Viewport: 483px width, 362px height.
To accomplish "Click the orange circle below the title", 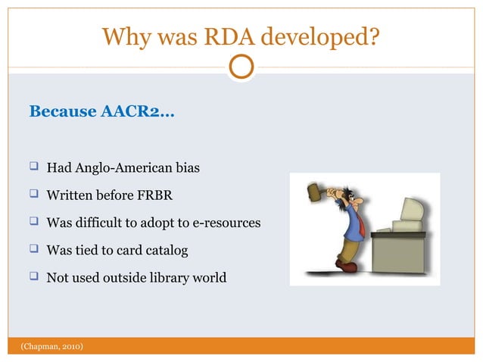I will pyautogui.click(x=241, y=67).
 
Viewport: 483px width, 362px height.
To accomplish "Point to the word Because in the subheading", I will pyautogui.click(x=62, y=112).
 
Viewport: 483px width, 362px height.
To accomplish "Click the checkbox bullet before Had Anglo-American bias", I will pyautogui.click(x=35, y=167).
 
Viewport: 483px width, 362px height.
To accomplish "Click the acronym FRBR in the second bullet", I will pyautogui.click(x=155, y=195).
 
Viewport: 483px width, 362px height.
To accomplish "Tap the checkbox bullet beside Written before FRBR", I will pyautogui.click(x=35, y=195).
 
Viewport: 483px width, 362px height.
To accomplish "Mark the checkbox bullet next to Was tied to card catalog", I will pyautogui.click(x=35, y=249).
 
